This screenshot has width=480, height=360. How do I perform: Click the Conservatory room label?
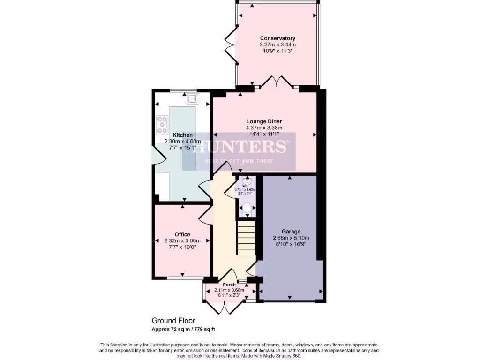point(278,38)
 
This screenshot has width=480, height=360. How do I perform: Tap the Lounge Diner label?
point(264,121)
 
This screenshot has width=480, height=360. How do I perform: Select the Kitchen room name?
point(182,135)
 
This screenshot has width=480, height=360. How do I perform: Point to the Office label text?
point(182,234)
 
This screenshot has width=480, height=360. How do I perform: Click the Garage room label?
point(291,232)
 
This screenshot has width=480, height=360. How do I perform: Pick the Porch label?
point(229,285)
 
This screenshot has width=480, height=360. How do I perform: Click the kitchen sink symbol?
point(192,98)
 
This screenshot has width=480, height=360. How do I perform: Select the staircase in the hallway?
point(246,238)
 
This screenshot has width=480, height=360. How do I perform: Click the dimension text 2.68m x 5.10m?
point(291,238)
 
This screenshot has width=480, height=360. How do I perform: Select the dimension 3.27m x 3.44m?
point(278,45)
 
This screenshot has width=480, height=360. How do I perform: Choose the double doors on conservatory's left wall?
point(230,46)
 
